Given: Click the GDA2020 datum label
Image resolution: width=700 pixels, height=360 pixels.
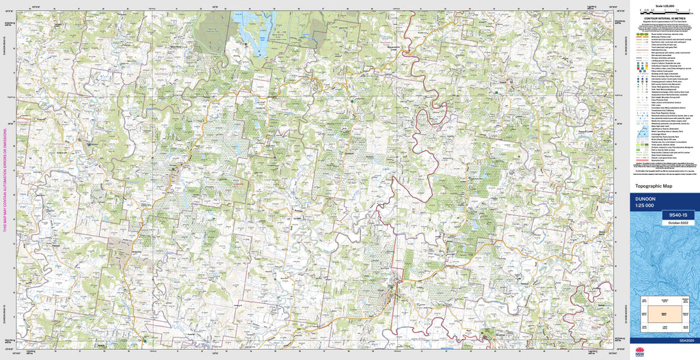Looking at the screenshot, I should (x=686, y=341).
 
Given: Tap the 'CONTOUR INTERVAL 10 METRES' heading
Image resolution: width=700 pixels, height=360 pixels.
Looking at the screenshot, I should (x=664, y=17).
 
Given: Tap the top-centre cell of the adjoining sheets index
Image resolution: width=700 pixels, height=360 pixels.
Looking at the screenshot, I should (x=664, y=301).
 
